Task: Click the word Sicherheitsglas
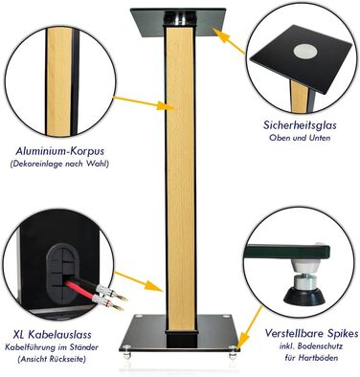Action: click(300, 125)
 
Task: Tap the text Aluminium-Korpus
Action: click(59, 151)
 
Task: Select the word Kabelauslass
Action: click(60, 335)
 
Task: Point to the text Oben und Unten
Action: click(300, 138)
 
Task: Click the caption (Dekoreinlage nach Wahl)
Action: click(59, 165)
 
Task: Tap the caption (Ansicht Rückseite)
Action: click(52, 359)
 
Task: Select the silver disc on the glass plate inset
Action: click(305, 52)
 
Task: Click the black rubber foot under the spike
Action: click(304, 297)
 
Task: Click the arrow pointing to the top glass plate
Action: click(229, 40)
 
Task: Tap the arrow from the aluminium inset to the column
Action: click(144, 103)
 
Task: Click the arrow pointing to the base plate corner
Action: click(250, 328)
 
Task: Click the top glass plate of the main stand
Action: click(178, 22)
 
